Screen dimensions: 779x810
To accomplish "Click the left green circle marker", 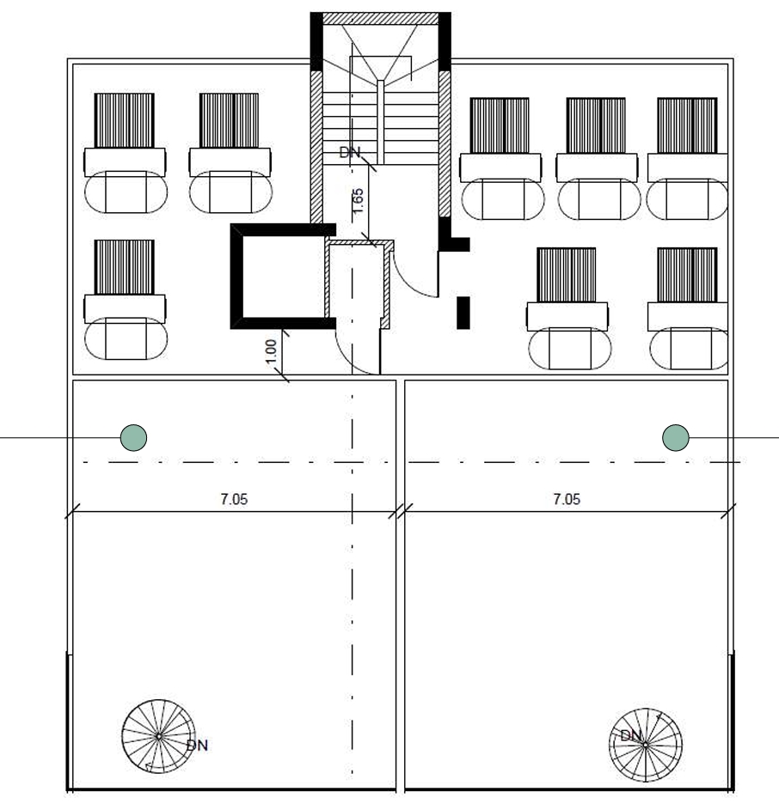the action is pyautogui.click(x=133, y=437).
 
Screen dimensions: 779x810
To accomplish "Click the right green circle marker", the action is pyautogui.click(x=676, y=437).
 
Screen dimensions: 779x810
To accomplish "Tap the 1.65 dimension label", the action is pyautogui.click(x=358, y=200).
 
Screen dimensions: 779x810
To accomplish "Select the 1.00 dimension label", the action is pyautogui.click(x=271, y=351).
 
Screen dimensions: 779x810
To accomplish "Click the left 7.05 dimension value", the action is pyautogui.click(x=234, y=499).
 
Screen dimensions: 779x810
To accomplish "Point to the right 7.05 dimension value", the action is pyautogui.click(x=567, y=499).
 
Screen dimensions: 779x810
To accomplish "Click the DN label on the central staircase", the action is pyautogui.click(x=350, y=152).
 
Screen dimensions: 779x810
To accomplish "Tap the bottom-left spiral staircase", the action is pyautogui.click(x=159, y=736).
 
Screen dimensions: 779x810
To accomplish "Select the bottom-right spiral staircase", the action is pyautogui.click(x=646, y=745).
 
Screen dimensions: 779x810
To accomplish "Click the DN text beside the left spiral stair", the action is pyautogui.click(x=197, y=745).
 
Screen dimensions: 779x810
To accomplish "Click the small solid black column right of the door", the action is pyautogui.click(x=463, y=313).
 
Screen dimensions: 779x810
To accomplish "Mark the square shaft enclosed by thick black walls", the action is pyautogui.click(x=284, y=277).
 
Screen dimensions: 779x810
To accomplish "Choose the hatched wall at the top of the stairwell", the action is pyautogui.click(x=380, y=19).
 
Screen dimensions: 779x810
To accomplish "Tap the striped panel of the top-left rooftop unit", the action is pyautogui.click(x=124, y=120).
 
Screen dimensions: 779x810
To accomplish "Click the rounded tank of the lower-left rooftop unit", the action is pyautogui.click(x=126, y=339).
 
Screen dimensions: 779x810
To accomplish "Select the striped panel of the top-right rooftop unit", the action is pyautogui.click(x=687, y=125).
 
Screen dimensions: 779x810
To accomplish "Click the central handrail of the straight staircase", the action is pyautogui.click(x=380, y=123).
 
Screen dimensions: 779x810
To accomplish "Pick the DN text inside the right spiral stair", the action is pyautogui.click(x=630, y=735).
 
